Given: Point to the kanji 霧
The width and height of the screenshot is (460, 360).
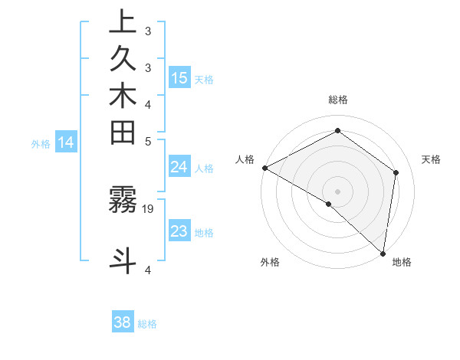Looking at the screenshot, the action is [123, 199].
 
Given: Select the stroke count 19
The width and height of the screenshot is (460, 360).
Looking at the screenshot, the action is [148, 208].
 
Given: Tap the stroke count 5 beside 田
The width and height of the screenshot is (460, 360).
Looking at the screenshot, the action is [148, 141].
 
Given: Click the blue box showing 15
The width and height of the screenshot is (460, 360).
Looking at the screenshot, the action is [179, 78].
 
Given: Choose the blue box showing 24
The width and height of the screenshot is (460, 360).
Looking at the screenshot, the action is [179, 168].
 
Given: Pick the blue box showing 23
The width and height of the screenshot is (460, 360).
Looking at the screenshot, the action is [179, 231].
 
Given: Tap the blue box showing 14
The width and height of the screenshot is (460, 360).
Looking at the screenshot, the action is [66, 142].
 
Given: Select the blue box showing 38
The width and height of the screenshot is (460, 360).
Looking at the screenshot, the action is [123, 322].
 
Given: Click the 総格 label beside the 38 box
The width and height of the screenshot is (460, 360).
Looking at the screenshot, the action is [147, 324].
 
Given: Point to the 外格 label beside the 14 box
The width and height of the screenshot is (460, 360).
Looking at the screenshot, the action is [41, 143].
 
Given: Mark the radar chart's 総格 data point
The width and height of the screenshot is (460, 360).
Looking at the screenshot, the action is [337, 130].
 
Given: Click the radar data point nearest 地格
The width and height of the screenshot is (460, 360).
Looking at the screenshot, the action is [383, 254].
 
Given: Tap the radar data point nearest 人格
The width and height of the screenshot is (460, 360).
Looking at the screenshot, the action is [264, 167].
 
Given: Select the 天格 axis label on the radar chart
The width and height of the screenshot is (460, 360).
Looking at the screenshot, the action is [431, 159].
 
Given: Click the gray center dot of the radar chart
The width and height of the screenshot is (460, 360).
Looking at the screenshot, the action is [337, 191].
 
